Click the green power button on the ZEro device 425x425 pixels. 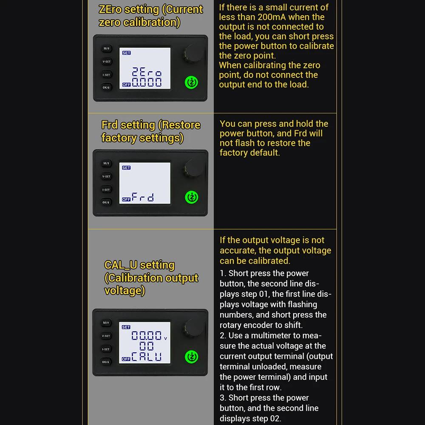(191, 82)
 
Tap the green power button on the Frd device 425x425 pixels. (191, 197)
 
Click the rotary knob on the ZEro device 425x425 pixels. (193, 53)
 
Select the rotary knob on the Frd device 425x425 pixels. (193, 168)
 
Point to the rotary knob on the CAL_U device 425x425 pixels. (193, 327)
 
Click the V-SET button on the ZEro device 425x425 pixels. (107, 62)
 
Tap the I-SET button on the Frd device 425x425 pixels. (106, 190)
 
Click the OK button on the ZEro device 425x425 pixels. (106, 87)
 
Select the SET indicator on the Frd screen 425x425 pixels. (126, 168)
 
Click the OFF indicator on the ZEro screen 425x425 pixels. (126, 85)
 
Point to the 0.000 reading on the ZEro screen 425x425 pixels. (147, 82)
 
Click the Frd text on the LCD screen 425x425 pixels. (143, 197)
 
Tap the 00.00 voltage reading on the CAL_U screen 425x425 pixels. (147, 336)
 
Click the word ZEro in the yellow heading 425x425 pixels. (110, 9)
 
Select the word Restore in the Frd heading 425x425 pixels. (179, 125)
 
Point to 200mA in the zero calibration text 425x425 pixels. (272, 17)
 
